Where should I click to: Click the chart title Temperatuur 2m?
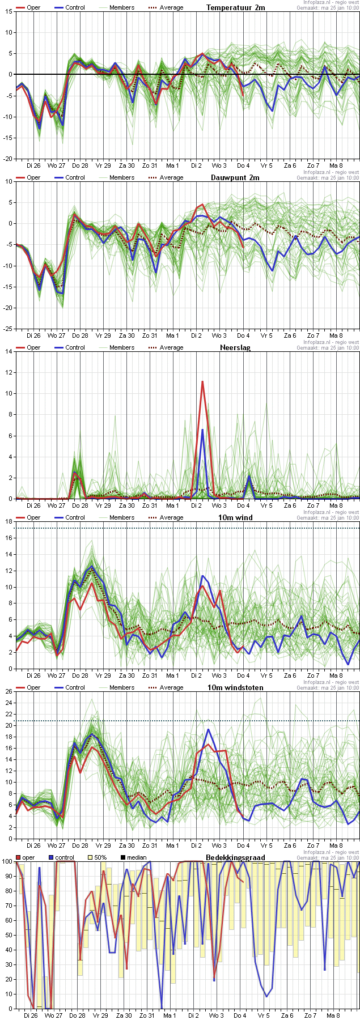(235, 7)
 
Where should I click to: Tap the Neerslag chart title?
(235, 347)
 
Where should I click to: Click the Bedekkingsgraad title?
(235, 857)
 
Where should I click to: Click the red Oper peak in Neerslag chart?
(202, 381)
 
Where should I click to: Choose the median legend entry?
(133, 857)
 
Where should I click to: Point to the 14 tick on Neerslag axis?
(9, 351)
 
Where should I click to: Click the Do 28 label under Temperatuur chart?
(81, 165)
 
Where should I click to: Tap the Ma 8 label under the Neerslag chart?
(336, 505)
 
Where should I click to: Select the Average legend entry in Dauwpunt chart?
(166, 177)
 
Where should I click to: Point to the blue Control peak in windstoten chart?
(209, 729)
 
